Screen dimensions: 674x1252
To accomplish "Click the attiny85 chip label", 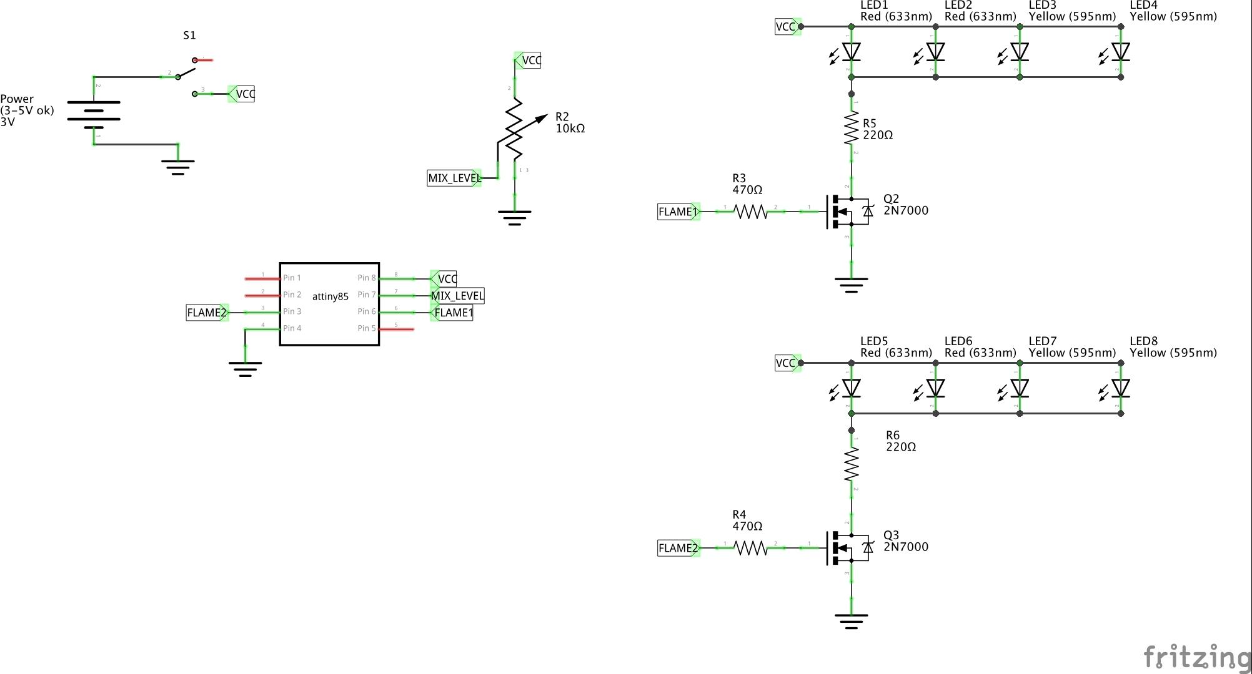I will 330,296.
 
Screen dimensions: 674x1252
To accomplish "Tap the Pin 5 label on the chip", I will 366,328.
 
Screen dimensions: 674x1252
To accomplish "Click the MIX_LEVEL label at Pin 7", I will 457,296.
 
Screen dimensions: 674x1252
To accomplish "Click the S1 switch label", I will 189,36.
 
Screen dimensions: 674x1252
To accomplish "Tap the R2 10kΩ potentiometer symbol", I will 514,129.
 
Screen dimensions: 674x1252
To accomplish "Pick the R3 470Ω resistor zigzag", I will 750,212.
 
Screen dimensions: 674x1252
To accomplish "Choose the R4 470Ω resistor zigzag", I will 750,548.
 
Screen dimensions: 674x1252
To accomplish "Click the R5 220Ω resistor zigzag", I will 851,128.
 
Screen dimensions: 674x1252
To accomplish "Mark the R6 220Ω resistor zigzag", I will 851,464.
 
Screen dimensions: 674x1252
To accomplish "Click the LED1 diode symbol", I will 851,52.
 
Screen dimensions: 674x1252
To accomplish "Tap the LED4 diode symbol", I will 1120,52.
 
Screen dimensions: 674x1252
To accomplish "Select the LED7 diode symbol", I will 1019,388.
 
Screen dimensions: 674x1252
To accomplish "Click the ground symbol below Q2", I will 851,285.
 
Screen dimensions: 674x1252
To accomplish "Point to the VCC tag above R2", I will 529,61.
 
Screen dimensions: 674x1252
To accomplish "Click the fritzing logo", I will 1196,657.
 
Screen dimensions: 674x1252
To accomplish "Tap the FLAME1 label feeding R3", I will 678,212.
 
